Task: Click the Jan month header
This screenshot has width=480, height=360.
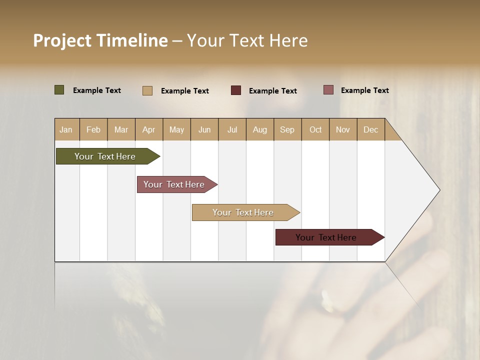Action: coord(66,129)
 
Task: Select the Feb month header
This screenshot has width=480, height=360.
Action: coord(93,129)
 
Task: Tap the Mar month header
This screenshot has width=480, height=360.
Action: coord(121,129)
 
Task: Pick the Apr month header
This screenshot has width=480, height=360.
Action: coord(148,129)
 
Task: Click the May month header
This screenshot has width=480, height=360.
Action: coord(176,129)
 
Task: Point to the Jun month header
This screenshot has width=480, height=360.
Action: coord(204,129)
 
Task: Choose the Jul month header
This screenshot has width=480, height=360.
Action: coord(232,129)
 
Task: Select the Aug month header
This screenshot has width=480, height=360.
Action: coord(259,129)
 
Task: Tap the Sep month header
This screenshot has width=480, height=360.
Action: coord(287,129)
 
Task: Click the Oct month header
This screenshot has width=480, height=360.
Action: coord(315,129)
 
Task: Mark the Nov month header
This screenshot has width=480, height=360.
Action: coord(342,129)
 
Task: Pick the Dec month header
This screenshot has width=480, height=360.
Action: coord(370,129)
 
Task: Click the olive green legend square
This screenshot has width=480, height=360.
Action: coord(59,90)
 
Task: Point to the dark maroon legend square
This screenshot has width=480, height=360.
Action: coord(236,90)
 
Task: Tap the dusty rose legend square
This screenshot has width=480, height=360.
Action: coord(328,90)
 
